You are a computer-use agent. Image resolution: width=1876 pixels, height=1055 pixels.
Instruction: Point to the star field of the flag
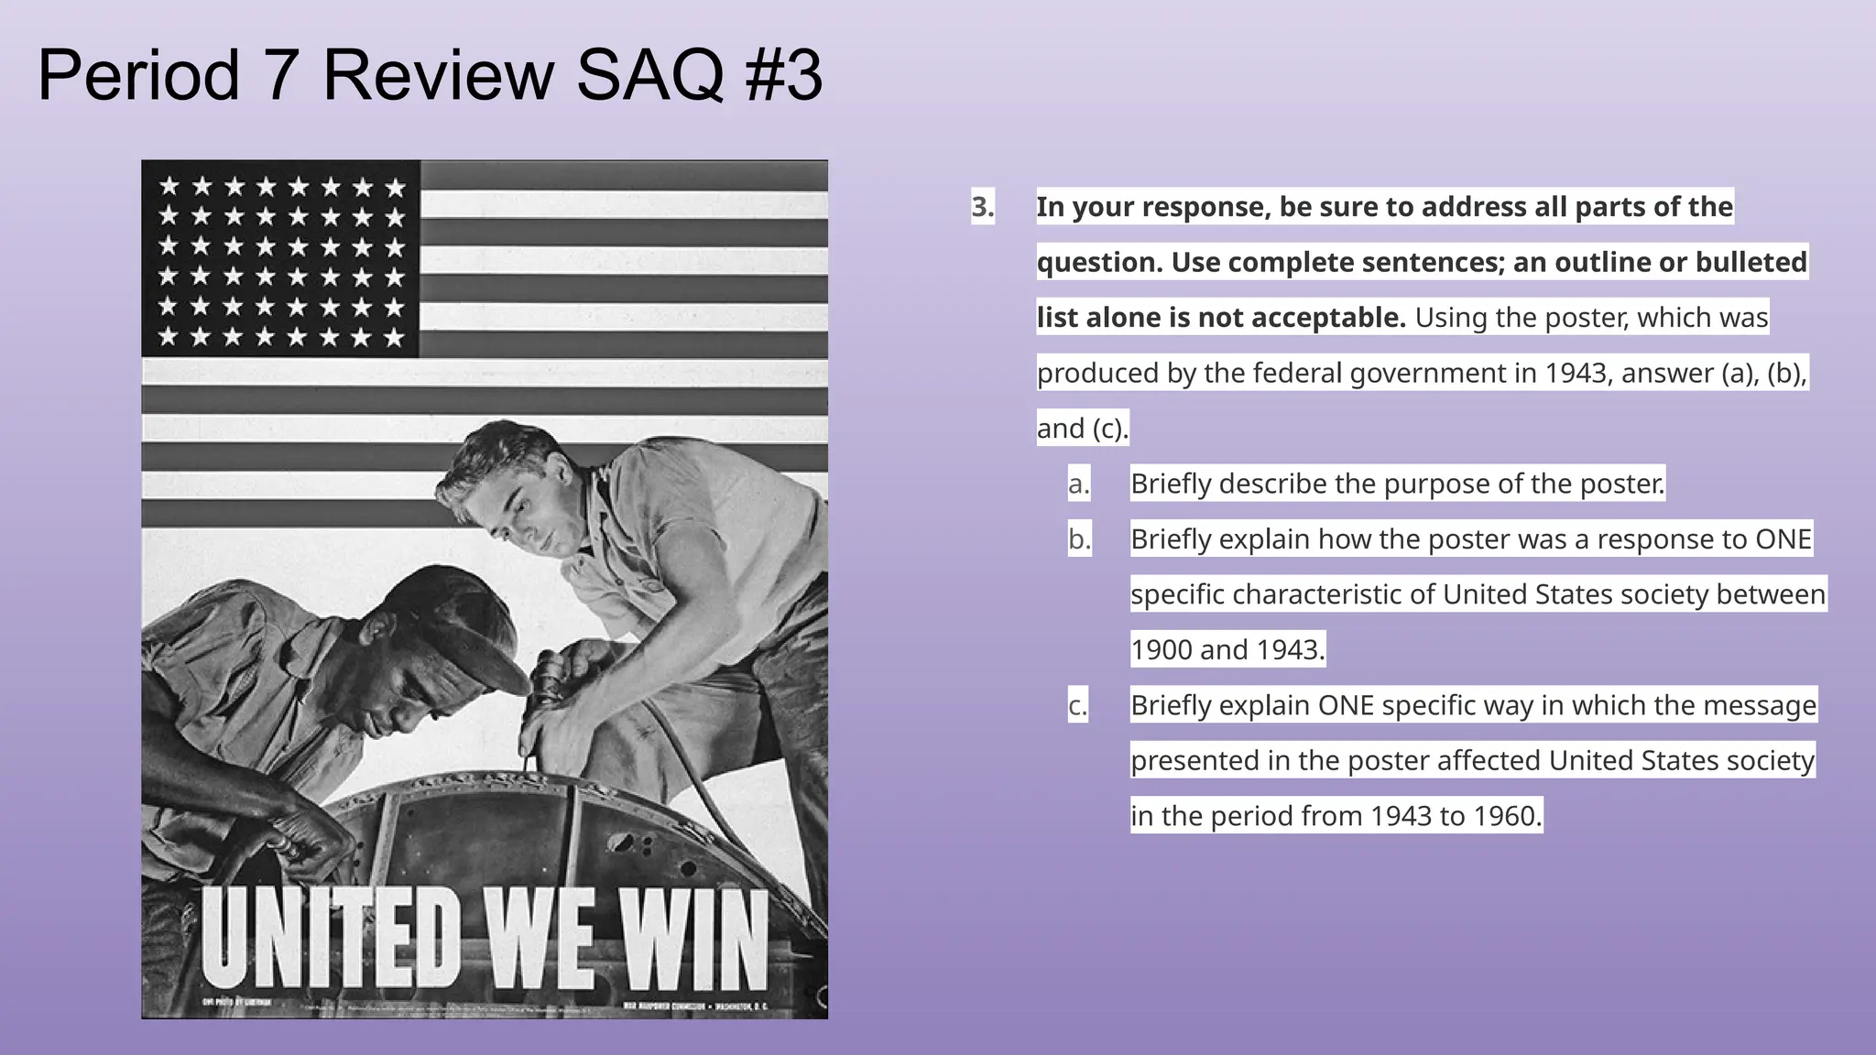click(x=280, y=260)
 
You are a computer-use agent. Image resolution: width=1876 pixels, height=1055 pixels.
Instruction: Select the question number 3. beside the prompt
click(x=982, y=207)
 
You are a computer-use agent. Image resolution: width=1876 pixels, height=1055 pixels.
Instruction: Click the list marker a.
click(x=1079, y=484)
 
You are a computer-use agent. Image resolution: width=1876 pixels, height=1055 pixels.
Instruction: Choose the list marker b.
click(x=1079, y=539)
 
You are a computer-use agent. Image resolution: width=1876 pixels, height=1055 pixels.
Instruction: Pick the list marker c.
click(x=1078, y=705)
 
